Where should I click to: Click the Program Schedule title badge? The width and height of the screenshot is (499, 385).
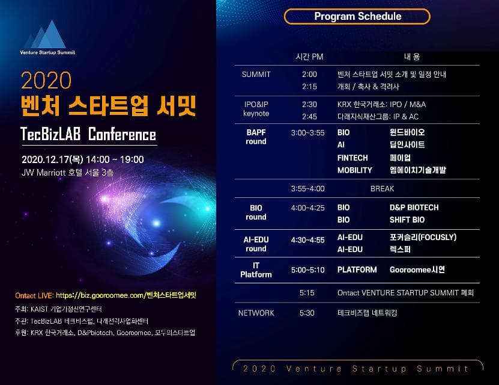coord(357,16)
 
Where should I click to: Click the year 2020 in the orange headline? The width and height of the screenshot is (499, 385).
coord(46,80)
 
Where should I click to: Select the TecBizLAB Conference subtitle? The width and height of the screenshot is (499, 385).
coord(88,134)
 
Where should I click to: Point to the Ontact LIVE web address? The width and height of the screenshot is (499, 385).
coord(126,295)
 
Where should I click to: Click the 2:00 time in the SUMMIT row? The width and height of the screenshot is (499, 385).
coord(309,75)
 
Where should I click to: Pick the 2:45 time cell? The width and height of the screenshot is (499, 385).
coord(309,116)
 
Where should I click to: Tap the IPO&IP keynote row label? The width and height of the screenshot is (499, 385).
coord(256,109)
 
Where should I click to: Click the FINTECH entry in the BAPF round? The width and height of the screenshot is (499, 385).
coord(352,158)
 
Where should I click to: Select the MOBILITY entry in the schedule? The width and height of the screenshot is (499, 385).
coord(355,170)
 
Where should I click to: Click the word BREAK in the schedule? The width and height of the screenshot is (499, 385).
coord(382,189)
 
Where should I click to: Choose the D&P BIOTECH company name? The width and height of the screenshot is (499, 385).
coord(414,208)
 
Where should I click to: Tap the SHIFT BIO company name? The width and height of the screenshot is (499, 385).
coord(407,220)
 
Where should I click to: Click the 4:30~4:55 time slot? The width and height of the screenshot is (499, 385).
coord(307,240)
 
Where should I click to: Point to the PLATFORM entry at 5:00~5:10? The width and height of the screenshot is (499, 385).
coord(357,270)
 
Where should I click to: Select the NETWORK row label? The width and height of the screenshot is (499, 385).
coord(256,313)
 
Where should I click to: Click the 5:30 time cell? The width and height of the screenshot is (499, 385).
coord(307,313)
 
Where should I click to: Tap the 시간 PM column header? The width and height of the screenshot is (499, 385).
coord(309,57)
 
